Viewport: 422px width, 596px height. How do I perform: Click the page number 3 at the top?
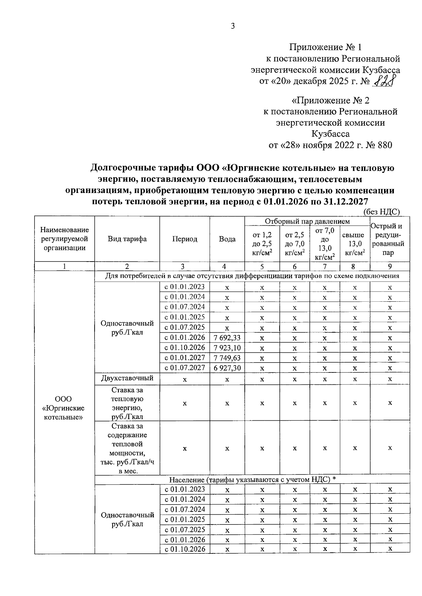pyautogui.click(x=232, y=26)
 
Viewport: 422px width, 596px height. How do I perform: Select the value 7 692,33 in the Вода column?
pyautogui.click(x=227, y=338)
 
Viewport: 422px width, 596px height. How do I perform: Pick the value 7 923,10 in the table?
pyautogui.click(x=227, y=348)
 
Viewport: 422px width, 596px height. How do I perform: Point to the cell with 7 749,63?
pyautogui.click(x=227, y=358)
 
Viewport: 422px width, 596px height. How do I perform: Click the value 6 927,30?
pyautogui.click(x=227, y=368)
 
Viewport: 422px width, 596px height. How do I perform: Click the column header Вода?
pyautogui.click(x=227, y=239)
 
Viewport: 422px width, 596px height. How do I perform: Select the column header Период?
pyautogui.click(x=185, y=239)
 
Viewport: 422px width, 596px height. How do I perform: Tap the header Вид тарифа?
pyautogui.click(x=127, y=239)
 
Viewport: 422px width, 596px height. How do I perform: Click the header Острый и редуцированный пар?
pyautogui.click(x=390, y=239)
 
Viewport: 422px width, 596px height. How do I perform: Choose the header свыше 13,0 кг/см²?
pyautogui.click(x=355, y=244)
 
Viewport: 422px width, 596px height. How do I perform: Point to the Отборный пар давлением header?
pyautogui.click(x=307, y=221)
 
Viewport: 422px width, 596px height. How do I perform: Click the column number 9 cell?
pyautogui.click(x=390, y=266)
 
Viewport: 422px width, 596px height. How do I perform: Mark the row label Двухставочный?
pyautogui.click(x=127, y=378)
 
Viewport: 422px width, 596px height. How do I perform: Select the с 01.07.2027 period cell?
pyautogui.click(x=185, y=368)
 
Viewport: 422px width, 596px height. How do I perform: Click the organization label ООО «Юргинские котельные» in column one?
pyautogui.click(x=63, y=408)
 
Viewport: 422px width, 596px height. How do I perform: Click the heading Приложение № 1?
pyautogui.click(x=325, y=47)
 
